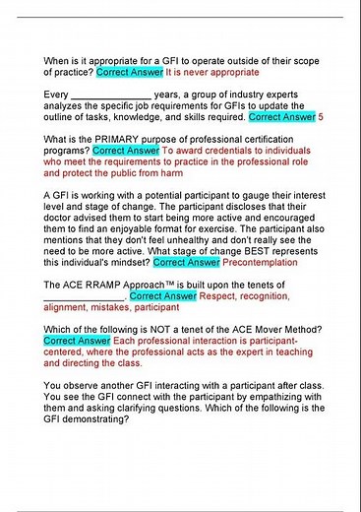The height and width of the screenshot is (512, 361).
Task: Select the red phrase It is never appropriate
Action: tap(211, 71)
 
